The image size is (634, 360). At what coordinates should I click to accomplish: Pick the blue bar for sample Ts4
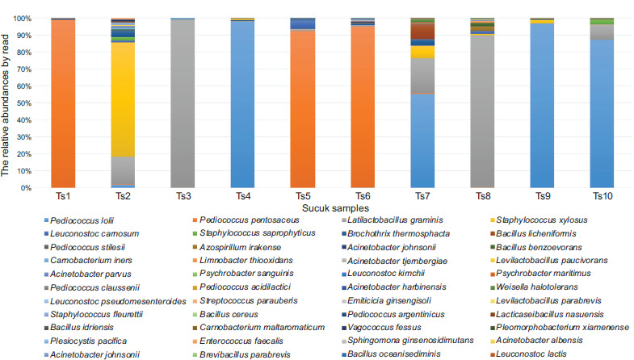[x=241, y=105]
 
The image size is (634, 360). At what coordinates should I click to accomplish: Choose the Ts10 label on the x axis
[x=601, y=197]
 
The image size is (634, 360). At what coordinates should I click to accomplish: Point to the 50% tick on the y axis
[x=27, y=103]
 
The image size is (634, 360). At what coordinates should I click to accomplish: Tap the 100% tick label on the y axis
[x=25, y=19]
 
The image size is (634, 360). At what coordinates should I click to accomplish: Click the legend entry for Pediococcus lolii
[x=81, y=220]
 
